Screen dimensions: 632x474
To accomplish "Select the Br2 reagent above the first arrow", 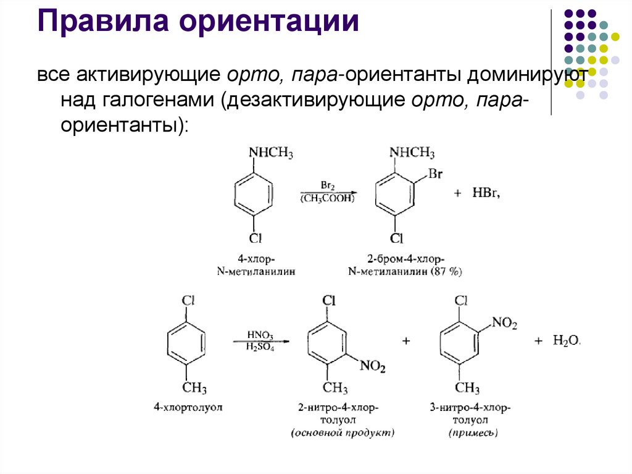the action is pyautogui.click(x=327, y=185).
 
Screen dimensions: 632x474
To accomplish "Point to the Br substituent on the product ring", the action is pyautogui.click(x=435, y=174).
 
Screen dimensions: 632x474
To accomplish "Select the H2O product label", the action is pyautogui.click(x=566, y=341).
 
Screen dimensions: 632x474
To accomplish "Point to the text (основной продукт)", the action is pyautogui.click(x=343, y=433).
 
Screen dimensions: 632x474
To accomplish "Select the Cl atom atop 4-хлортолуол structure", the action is pyautogui.click(x=188, y=300).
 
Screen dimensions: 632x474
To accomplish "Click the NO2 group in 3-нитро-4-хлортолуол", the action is pyautogui.click(x=504, y=323).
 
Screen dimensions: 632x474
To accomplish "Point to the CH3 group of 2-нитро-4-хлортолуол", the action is pyautogui.click(x=336, y=388).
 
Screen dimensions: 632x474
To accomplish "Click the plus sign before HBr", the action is pyautogui.click(x=458, y=194).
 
